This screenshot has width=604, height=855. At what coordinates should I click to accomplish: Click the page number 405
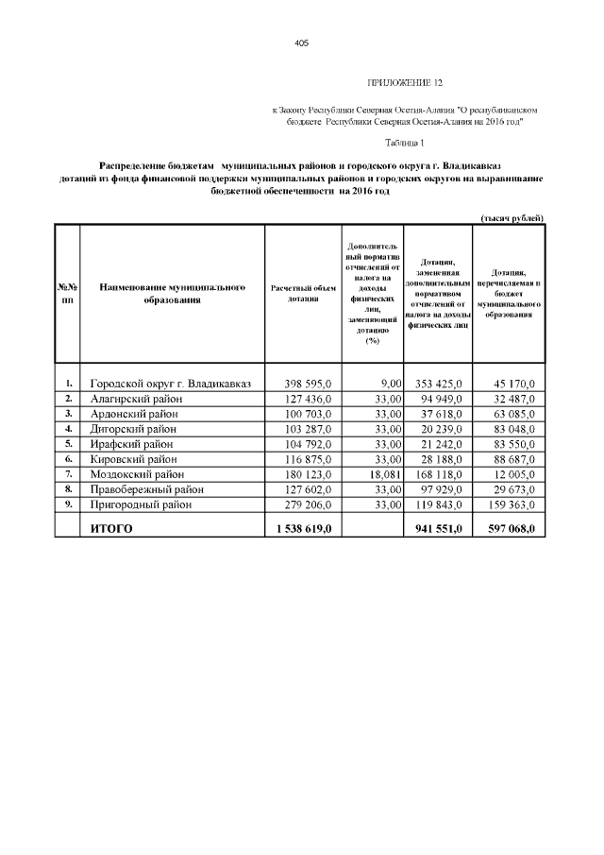point(302,43)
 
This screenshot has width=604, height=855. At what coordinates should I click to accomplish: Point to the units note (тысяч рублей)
point(512,218)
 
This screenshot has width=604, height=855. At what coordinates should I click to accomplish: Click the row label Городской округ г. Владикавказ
point(171,384)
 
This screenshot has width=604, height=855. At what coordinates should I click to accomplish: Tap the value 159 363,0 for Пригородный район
point(513,504)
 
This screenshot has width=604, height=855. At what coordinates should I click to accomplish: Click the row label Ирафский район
point(132,444)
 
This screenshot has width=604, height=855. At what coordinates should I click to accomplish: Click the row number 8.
point(69,489)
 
